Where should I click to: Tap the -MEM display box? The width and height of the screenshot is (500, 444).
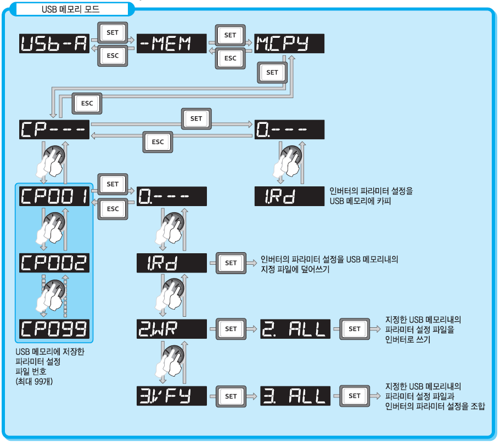pos(171,44)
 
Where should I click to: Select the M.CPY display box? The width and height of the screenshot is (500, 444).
pos(289,44)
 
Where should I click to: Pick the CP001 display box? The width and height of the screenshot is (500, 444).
pos(55,196)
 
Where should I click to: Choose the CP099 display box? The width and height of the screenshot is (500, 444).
pos(55,329)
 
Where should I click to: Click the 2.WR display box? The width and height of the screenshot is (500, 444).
pos(171,329)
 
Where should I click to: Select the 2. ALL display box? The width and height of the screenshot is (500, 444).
pos(295,329)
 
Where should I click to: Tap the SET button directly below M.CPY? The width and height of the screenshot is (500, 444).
pos(272,72)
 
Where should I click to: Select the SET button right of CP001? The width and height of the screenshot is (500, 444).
pos(113,184)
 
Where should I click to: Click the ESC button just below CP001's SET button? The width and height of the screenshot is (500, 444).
pos(113,209)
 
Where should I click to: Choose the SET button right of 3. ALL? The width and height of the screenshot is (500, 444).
pos(355,396)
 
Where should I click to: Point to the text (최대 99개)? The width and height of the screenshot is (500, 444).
pos(34,382)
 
